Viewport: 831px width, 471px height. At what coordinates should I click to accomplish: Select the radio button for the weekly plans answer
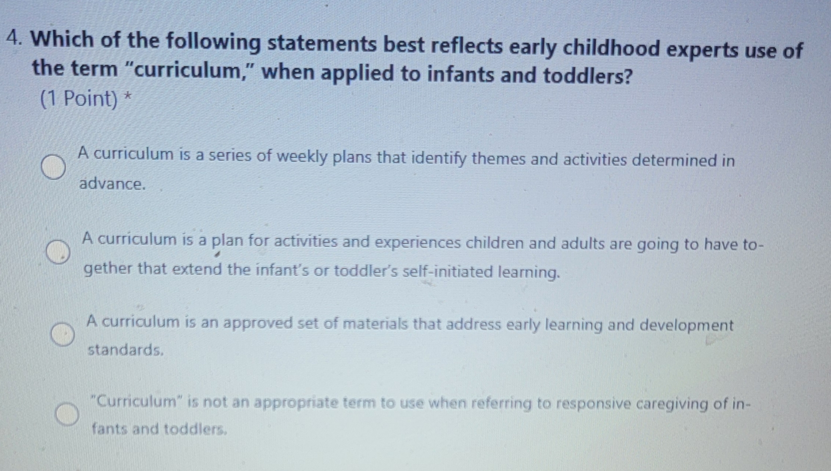pyautogui.click(x=54, y=167)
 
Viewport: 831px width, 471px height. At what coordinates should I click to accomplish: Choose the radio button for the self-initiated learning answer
pyautogui.click(x=58, y=252)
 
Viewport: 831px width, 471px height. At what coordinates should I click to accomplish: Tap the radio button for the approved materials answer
pyautogui.click(x=63, y=334)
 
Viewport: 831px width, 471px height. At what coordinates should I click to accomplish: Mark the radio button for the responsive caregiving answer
pyautogui.click(x=67, y=414)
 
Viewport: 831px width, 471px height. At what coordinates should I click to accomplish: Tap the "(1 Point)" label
pyautogui.click(x=79, y=99)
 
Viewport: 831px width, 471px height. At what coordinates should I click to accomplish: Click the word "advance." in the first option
pyautogui.click(x=112, y=184)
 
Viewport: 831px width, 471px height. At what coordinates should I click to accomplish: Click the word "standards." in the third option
pyautogui.click(x=126, y=350)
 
